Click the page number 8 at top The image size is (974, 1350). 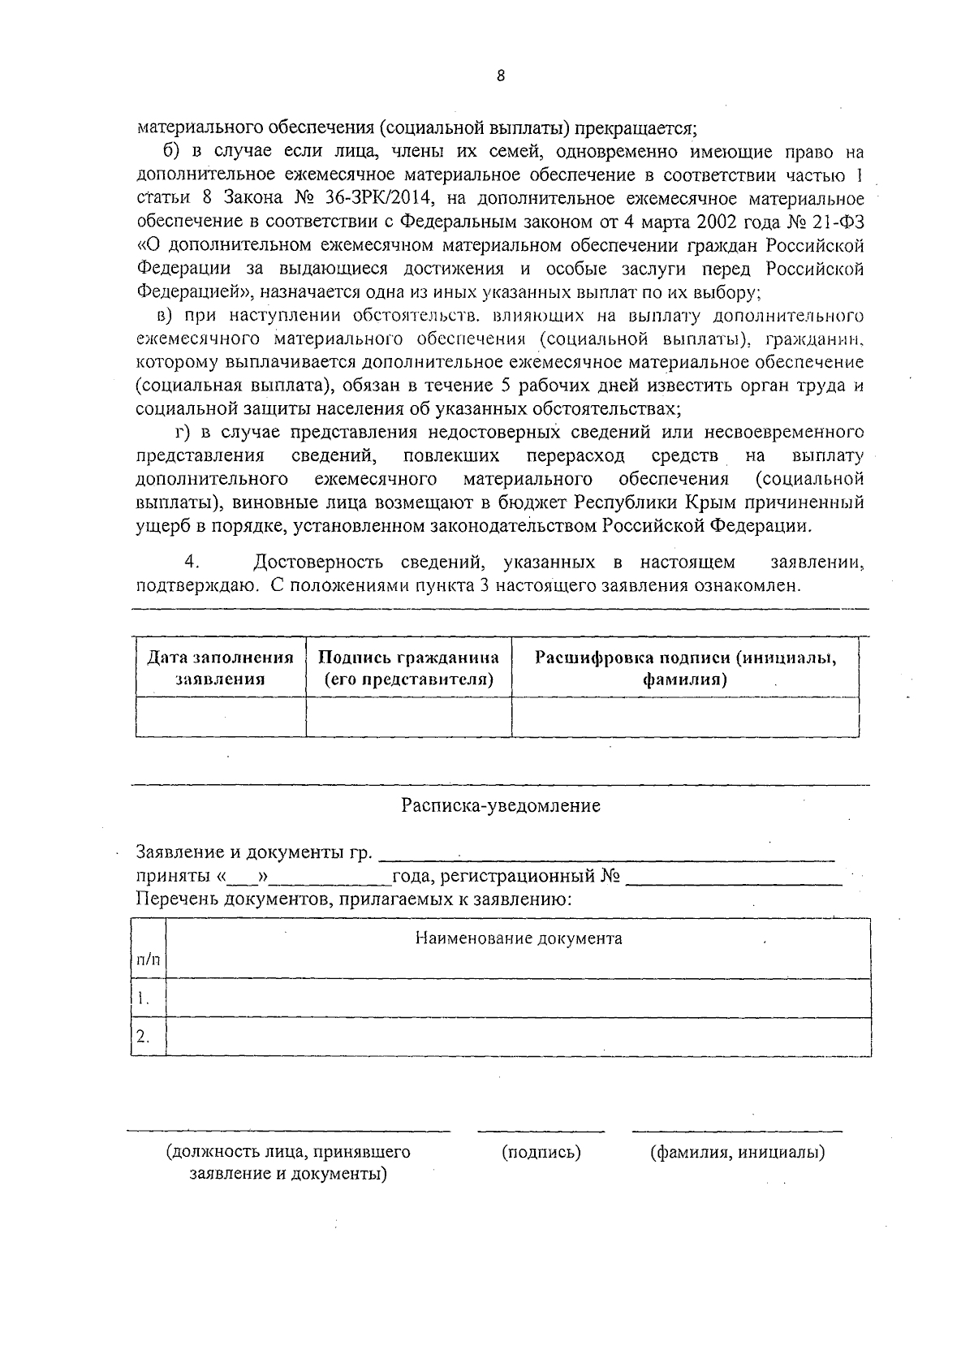(500, 75)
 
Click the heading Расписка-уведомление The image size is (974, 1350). (501, 806)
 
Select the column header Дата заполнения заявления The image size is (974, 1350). (220, 668)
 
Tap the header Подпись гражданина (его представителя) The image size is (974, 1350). (408, 668)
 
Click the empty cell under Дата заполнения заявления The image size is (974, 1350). (220, 717)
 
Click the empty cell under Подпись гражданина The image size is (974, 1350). (408, 717)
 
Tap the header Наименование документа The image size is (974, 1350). (519, 938)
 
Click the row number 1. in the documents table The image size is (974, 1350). (144, 998)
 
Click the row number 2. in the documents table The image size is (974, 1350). (144, 1036)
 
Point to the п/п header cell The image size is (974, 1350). (148, 960)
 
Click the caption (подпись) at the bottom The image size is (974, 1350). (541, 1152)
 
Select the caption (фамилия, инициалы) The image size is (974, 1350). (737, 1152)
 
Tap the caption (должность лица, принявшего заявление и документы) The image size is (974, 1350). (288, 1162)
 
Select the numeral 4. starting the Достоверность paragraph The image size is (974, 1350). (192, 563)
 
